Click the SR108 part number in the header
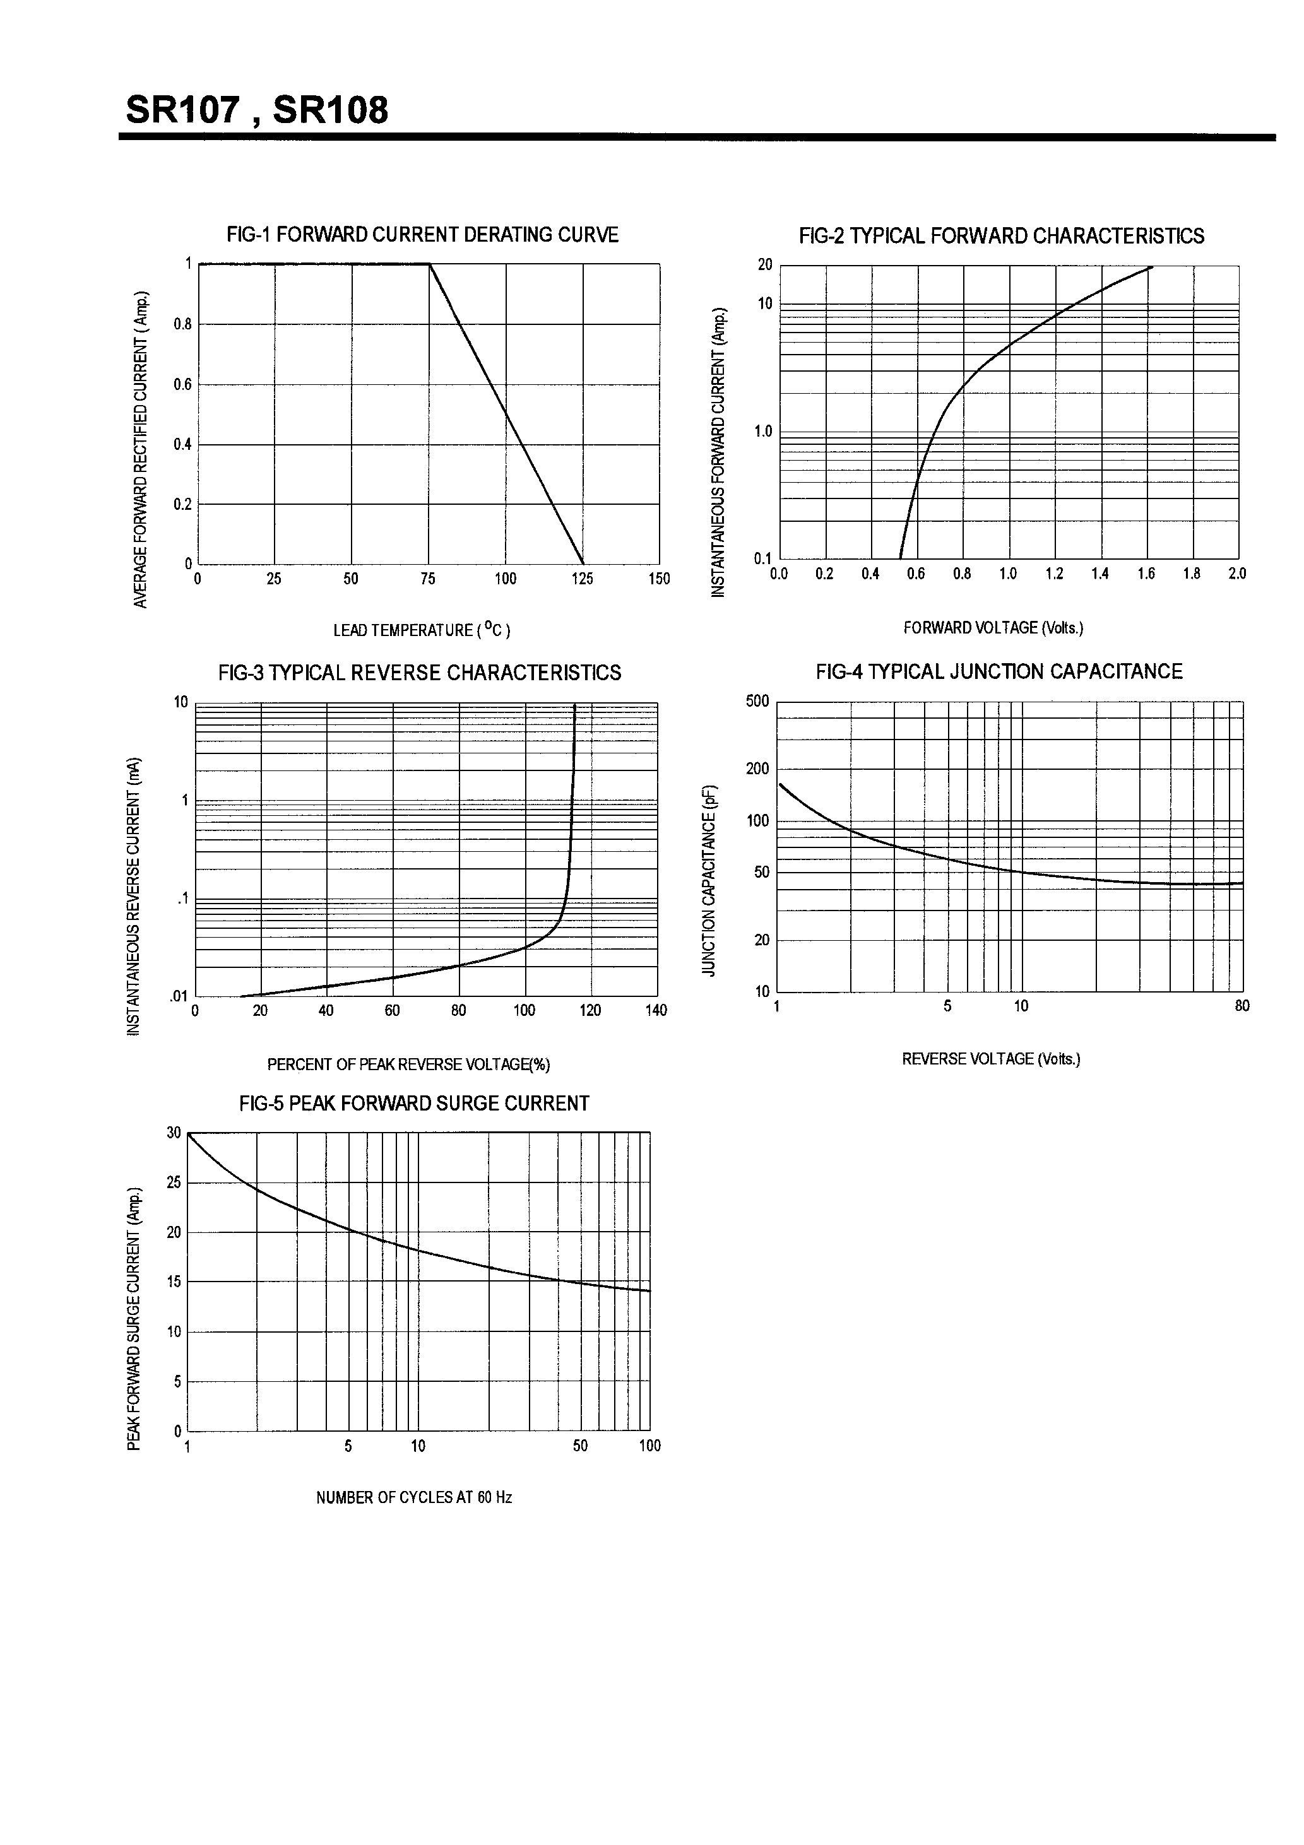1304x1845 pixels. (x=331, y=110)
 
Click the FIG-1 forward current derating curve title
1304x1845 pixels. (x=422, y=235)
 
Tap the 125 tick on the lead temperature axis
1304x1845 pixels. (x=582, y=579)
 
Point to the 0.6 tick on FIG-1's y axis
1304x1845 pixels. (x=182, y=384)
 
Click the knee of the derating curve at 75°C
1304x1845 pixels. (x=429, y=264)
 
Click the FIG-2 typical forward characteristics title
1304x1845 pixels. (x=1001, y=236)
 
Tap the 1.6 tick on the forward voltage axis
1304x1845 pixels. (x=1146, y=574)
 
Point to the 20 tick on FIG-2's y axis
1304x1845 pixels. (x=764, y=265)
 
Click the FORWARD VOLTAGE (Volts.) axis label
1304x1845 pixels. (x=993, y=628)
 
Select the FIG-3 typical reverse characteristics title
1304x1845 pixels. (x=420, y=673)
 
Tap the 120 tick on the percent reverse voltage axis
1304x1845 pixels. (x=590, y=1011)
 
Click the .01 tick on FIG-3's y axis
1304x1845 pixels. (x=179, y=996)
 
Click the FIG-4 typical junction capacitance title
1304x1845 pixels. (x=999, y=672)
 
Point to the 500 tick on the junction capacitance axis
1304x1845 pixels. (x=757, y=702)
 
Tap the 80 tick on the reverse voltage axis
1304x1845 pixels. (x=1242, y=1006)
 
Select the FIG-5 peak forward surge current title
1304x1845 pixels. (x=414, y=1104)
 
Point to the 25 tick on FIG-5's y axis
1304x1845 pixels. (x=174, y=1183)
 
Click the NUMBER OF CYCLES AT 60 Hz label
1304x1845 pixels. (x=414, y=1498)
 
